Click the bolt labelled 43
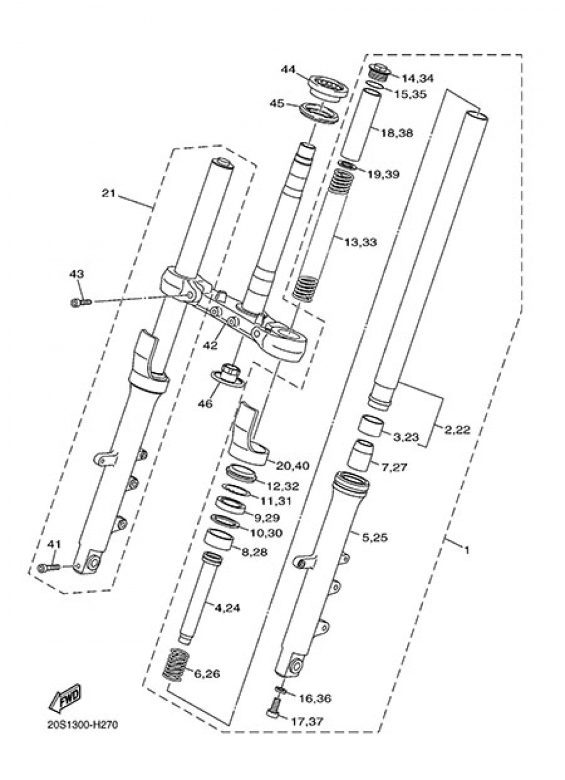(80, 304)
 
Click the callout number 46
(206, 404)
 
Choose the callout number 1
(466, 549)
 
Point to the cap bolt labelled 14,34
(376, 72)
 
